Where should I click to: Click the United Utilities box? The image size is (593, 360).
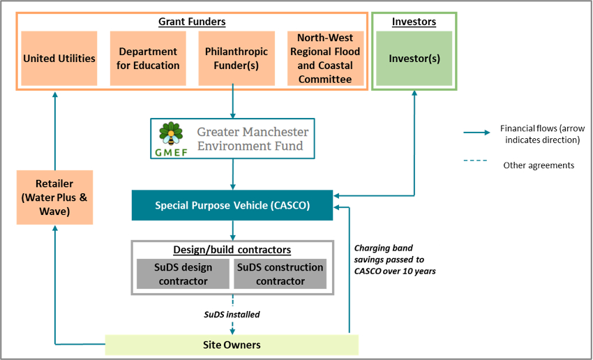click(59, 59)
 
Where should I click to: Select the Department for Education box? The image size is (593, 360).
click(149, 59)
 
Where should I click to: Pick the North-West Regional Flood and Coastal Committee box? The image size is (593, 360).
click(325, 59)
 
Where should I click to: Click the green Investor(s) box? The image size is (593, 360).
click(414, 59)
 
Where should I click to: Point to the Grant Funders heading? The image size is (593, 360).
click(192, 22)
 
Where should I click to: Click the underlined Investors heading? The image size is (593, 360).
click(414, 22)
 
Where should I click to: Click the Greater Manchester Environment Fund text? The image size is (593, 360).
click(252, 138)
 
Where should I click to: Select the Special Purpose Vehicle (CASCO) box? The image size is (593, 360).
click(232, 206)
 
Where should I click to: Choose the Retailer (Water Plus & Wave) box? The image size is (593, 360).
click(55, 197)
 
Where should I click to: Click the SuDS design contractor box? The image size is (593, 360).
click(182, 274)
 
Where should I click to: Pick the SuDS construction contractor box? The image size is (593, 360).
click(280, 274)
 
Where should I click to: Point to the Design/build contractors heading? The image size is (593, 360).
click(232, 250)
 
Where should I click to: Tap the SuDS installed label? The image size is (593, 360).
click(232, 315)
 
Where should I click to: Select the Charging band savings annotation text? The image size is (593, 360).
click(395, 259)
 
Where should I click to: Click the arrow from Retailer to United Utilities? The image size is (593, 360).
click(55, 133)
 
